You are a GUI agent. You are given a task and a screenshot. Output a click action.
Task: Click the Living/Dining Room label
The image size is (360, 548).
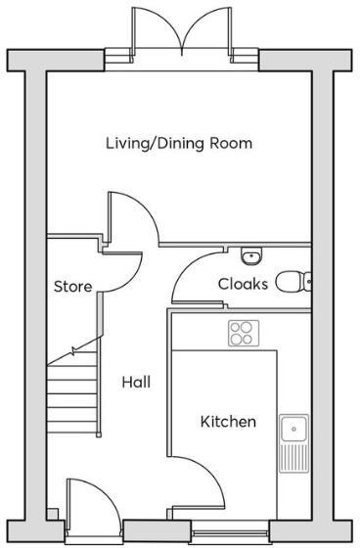[x=179, y=144]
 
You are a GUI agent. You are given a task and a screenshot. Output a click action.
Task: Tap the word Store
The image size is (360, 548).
[x=72, y=288]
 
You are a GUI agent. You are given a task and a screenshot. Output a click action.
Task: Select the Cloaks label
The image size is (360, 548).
[x=242, y=284]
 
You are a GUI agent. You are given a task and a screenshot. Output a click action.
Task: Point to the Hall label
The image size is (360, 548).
[x=135, y=382]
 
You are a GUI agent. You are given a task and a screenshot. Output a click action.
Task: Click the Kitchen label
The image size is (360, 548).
[x=228, y=422]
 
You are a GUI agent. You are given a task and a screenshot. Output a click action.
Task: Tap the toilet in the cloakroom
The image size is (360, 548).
[x=292, y=282]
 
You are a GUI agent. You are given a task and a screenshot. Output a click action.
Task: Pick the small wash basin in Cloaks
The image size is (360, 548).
[x=252, y=256]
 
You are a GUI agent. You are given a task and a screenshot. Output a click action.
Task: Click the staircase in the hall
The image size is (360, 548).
[x=72, y=391]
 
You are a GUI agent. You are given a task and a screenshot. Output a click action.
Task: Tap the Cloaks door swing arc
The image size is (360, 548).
[x=194, y=277]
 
